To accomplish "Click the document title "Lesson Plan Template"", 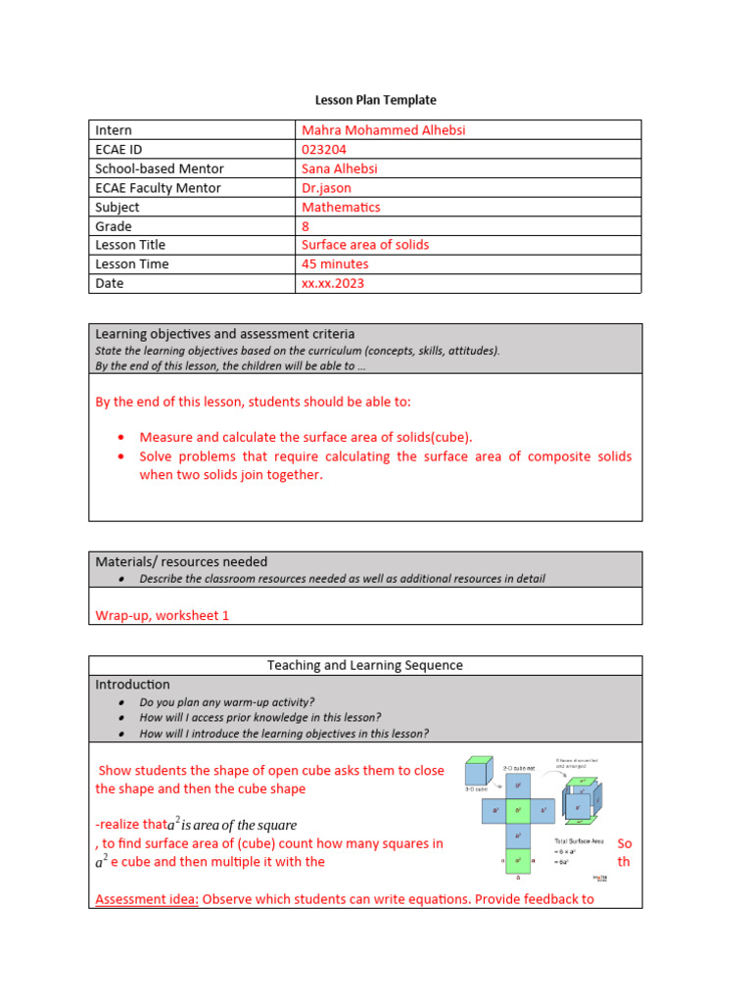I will (x=375, y=100).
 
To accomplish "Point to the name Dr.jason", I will (x=326, y=187).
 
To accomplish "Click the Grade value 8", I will (x=305, y=225).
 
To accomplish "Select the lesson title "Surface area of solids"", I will (x=364, y=245).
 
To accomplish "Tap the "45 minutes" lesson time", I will (x=335, y=263).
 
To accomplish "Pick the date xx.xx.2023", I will (x=332, y=283).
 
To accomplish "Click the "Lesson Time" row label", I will (x=131, y=263).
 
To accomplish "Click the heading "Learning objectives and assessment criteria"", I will (x=224, y=334).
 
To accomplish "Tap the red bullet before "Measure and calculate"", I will (x=121, y=438).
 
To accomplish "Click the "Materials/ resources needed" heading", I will (x=180, y=561).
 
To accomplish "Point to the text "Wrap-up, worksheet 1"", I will (x=162, y=616).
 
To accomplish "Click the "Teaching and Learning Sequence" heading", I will (x=365, y=665).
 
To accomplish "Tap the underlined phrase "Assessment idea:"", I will (x=147, y=898).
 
